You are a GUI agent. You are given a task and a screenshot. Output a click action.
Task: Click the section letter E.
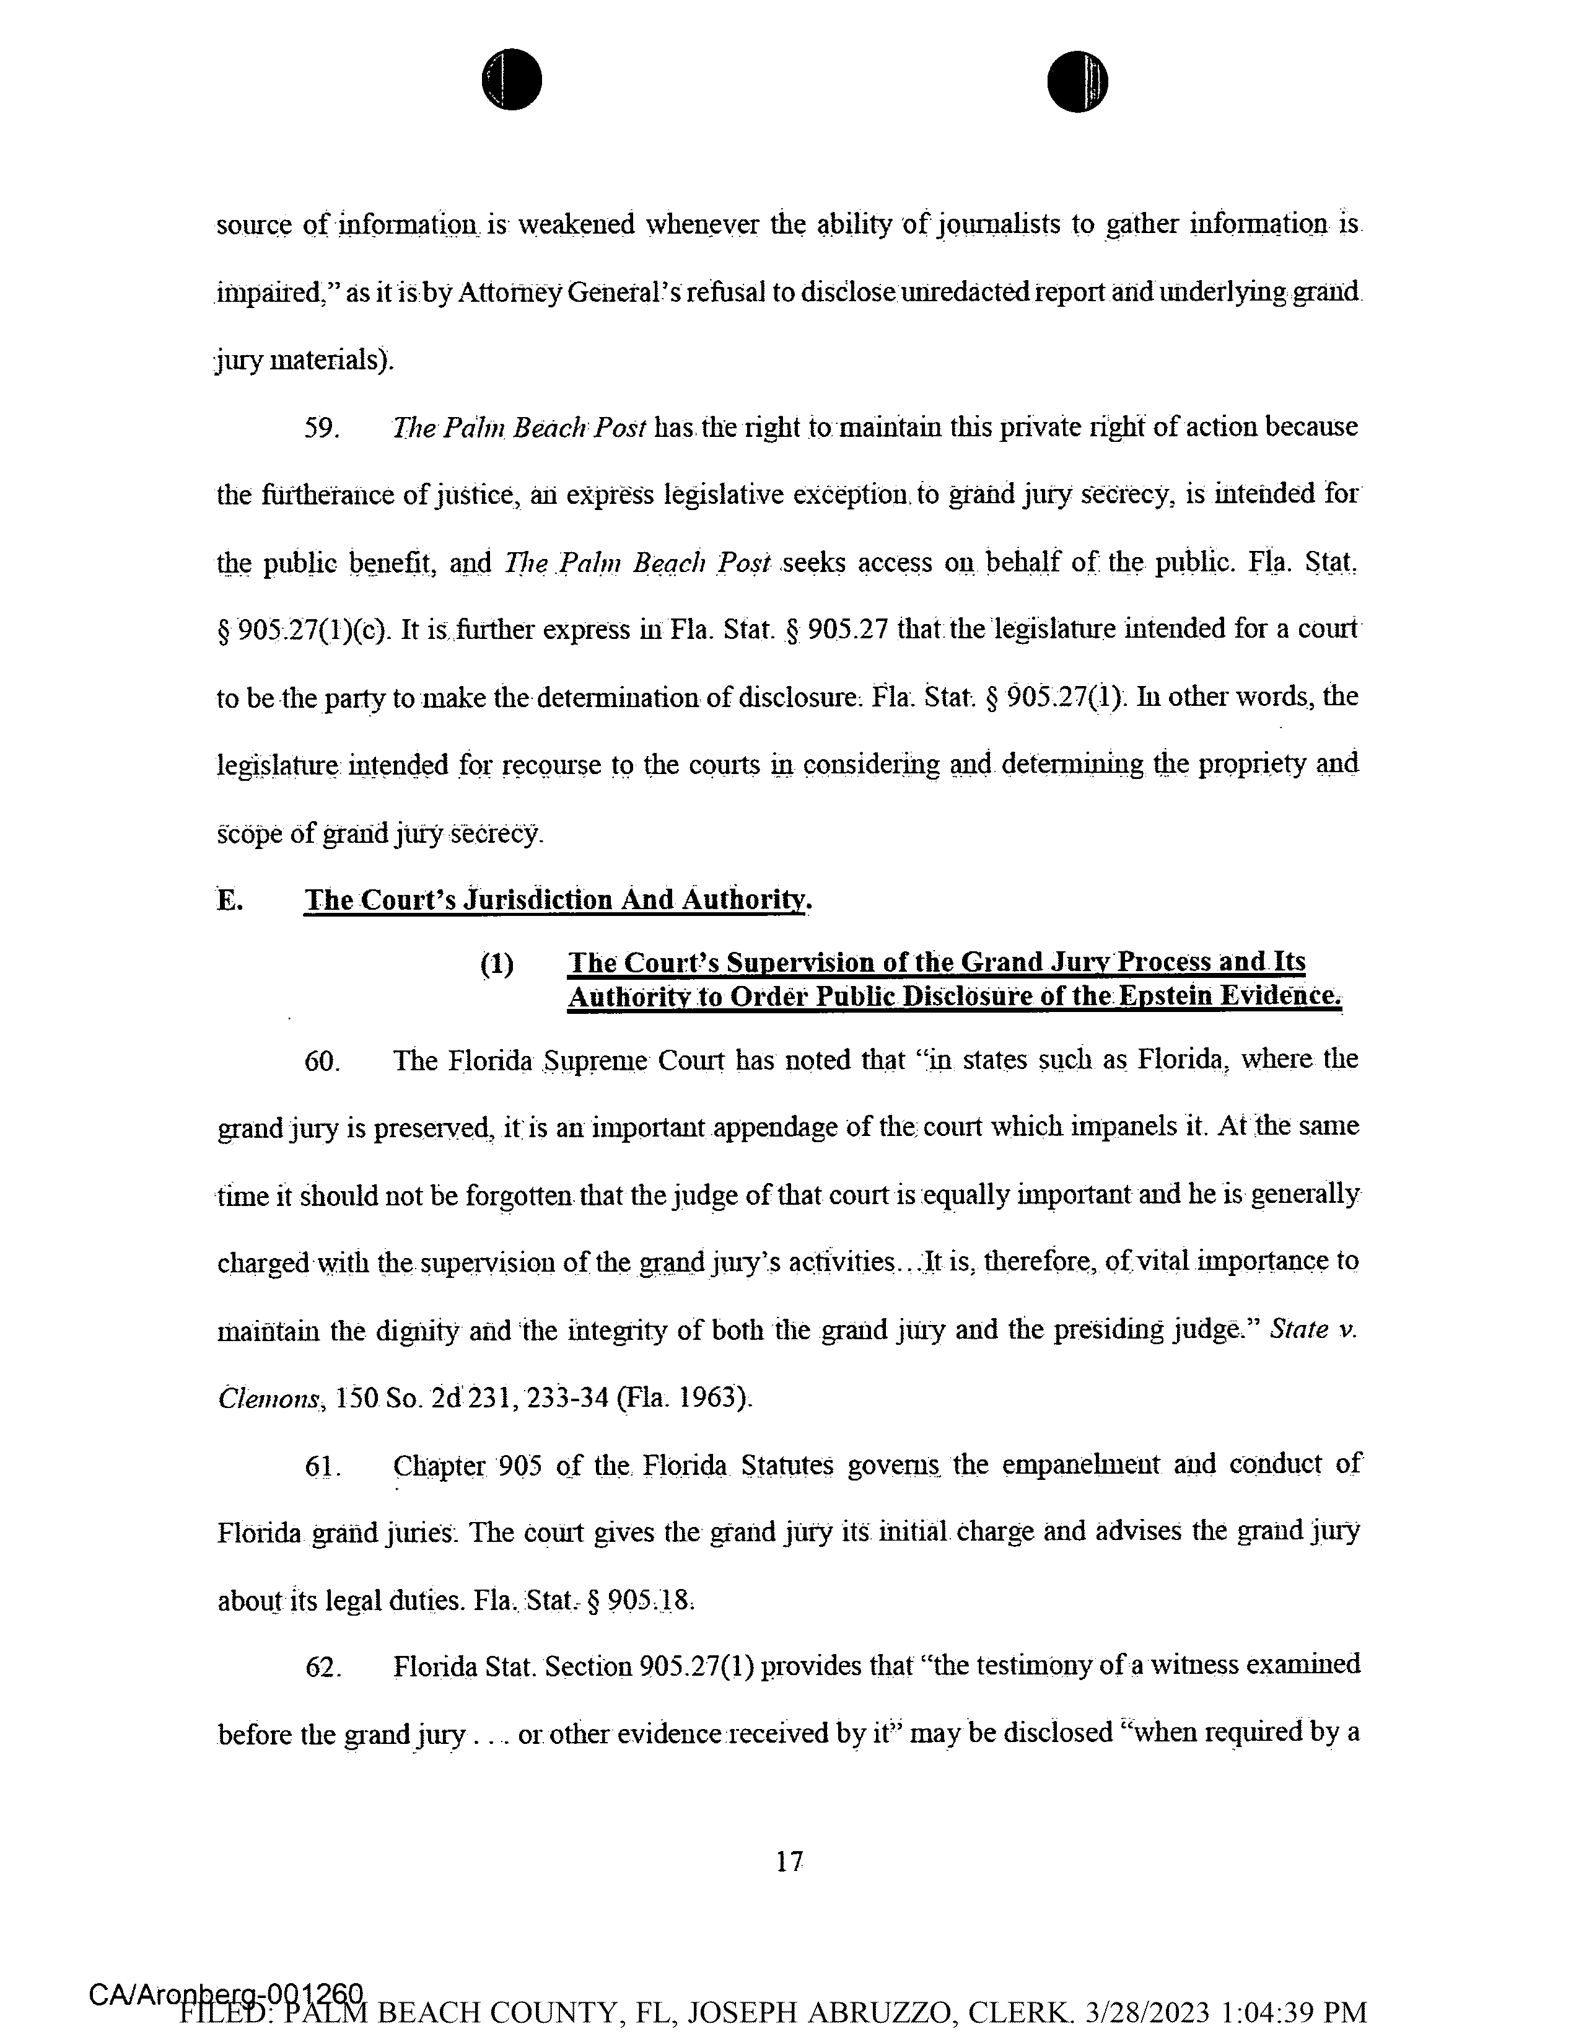tap(230, 900)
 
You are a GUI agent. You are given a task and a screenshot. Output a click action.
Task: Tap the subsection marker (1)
tap(496, 963)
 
